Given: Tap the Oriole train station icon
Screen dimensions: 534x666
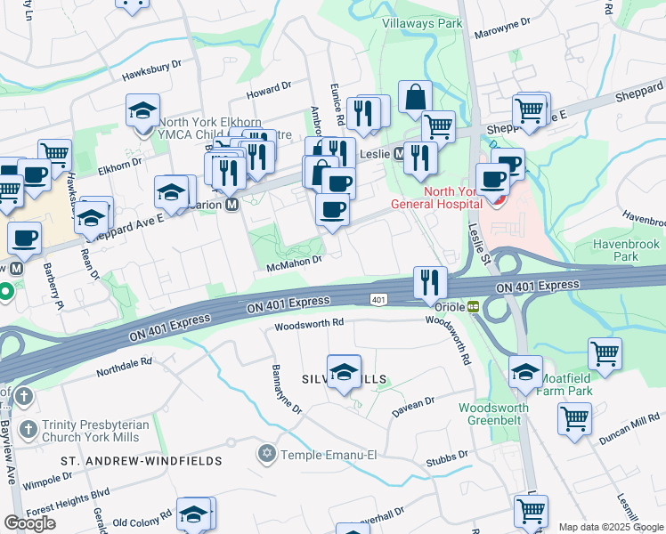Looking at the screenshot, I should click(474, 306).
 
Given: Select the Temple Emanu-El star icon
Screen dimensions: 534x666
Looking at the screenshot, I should click(265, 455).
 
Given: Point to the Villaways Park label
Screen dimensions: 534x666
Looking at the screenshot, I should click(422, 23).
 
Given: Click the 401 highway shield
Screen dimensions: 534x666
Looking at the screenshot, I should click(378, 300).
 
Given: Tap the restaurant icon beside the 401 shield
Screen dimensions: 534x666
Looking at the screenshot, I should click(430, 282).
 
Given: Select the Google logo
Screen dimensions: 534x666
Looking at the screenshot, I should click(29, 522).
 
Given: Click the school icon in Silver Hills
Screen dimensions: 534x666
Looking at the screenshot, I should click(344, 372).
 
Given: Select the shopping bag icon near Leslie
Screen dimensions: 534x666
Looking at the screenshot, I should click(415, 97).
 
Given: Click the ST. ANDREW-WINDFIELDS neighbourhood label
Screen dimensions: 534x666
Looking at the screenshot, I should click(119, 461).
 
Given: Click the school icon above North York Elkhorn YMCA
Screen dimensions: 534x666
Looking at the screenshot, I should click(142, 110).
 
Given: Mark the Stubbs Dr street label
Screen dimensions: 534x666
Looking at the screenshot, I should click(447, 457).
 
